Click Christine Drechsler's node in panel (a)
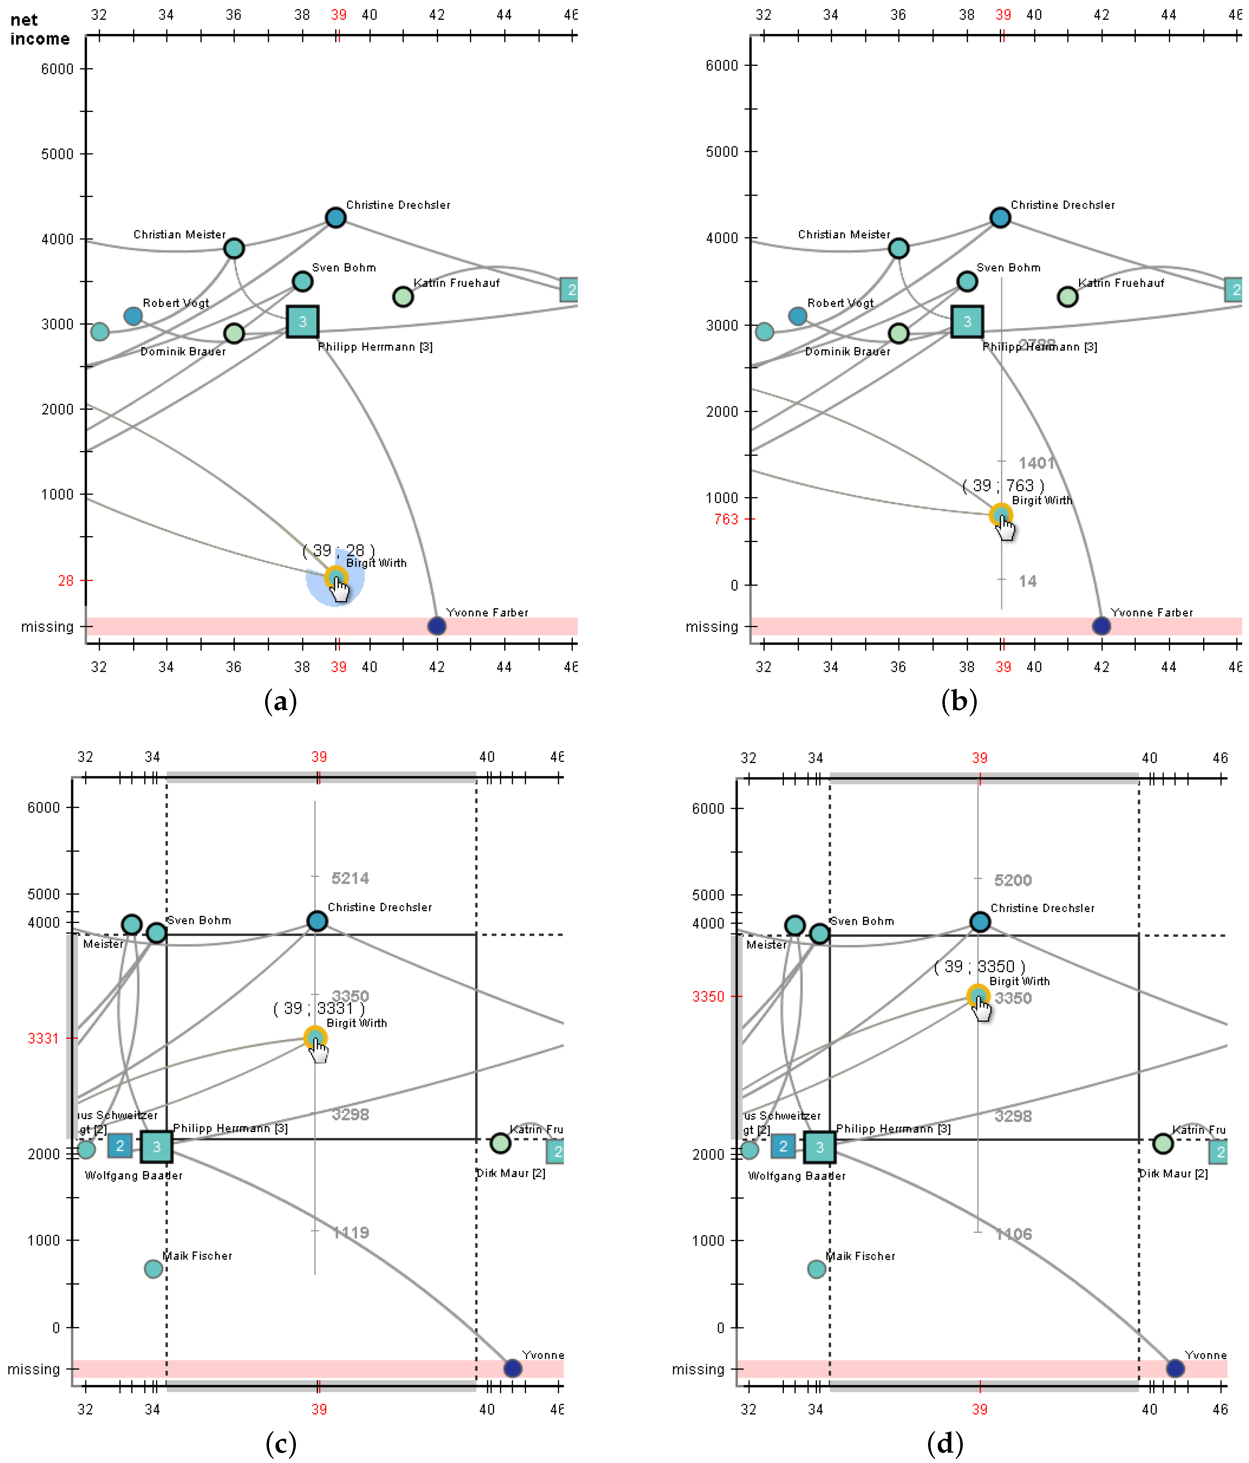pyautogui.click(x=335, y=217)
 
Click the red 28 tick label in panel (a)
pyautogui.click(x=66, y=581)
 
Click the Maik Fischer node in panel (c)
pyautogui.click(x=153, y=1269)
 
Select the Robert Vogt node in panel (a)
pyautogui.click(x=133, y=315)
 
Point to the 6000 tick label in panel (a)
pyautogui.click(x=57, y=68)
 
